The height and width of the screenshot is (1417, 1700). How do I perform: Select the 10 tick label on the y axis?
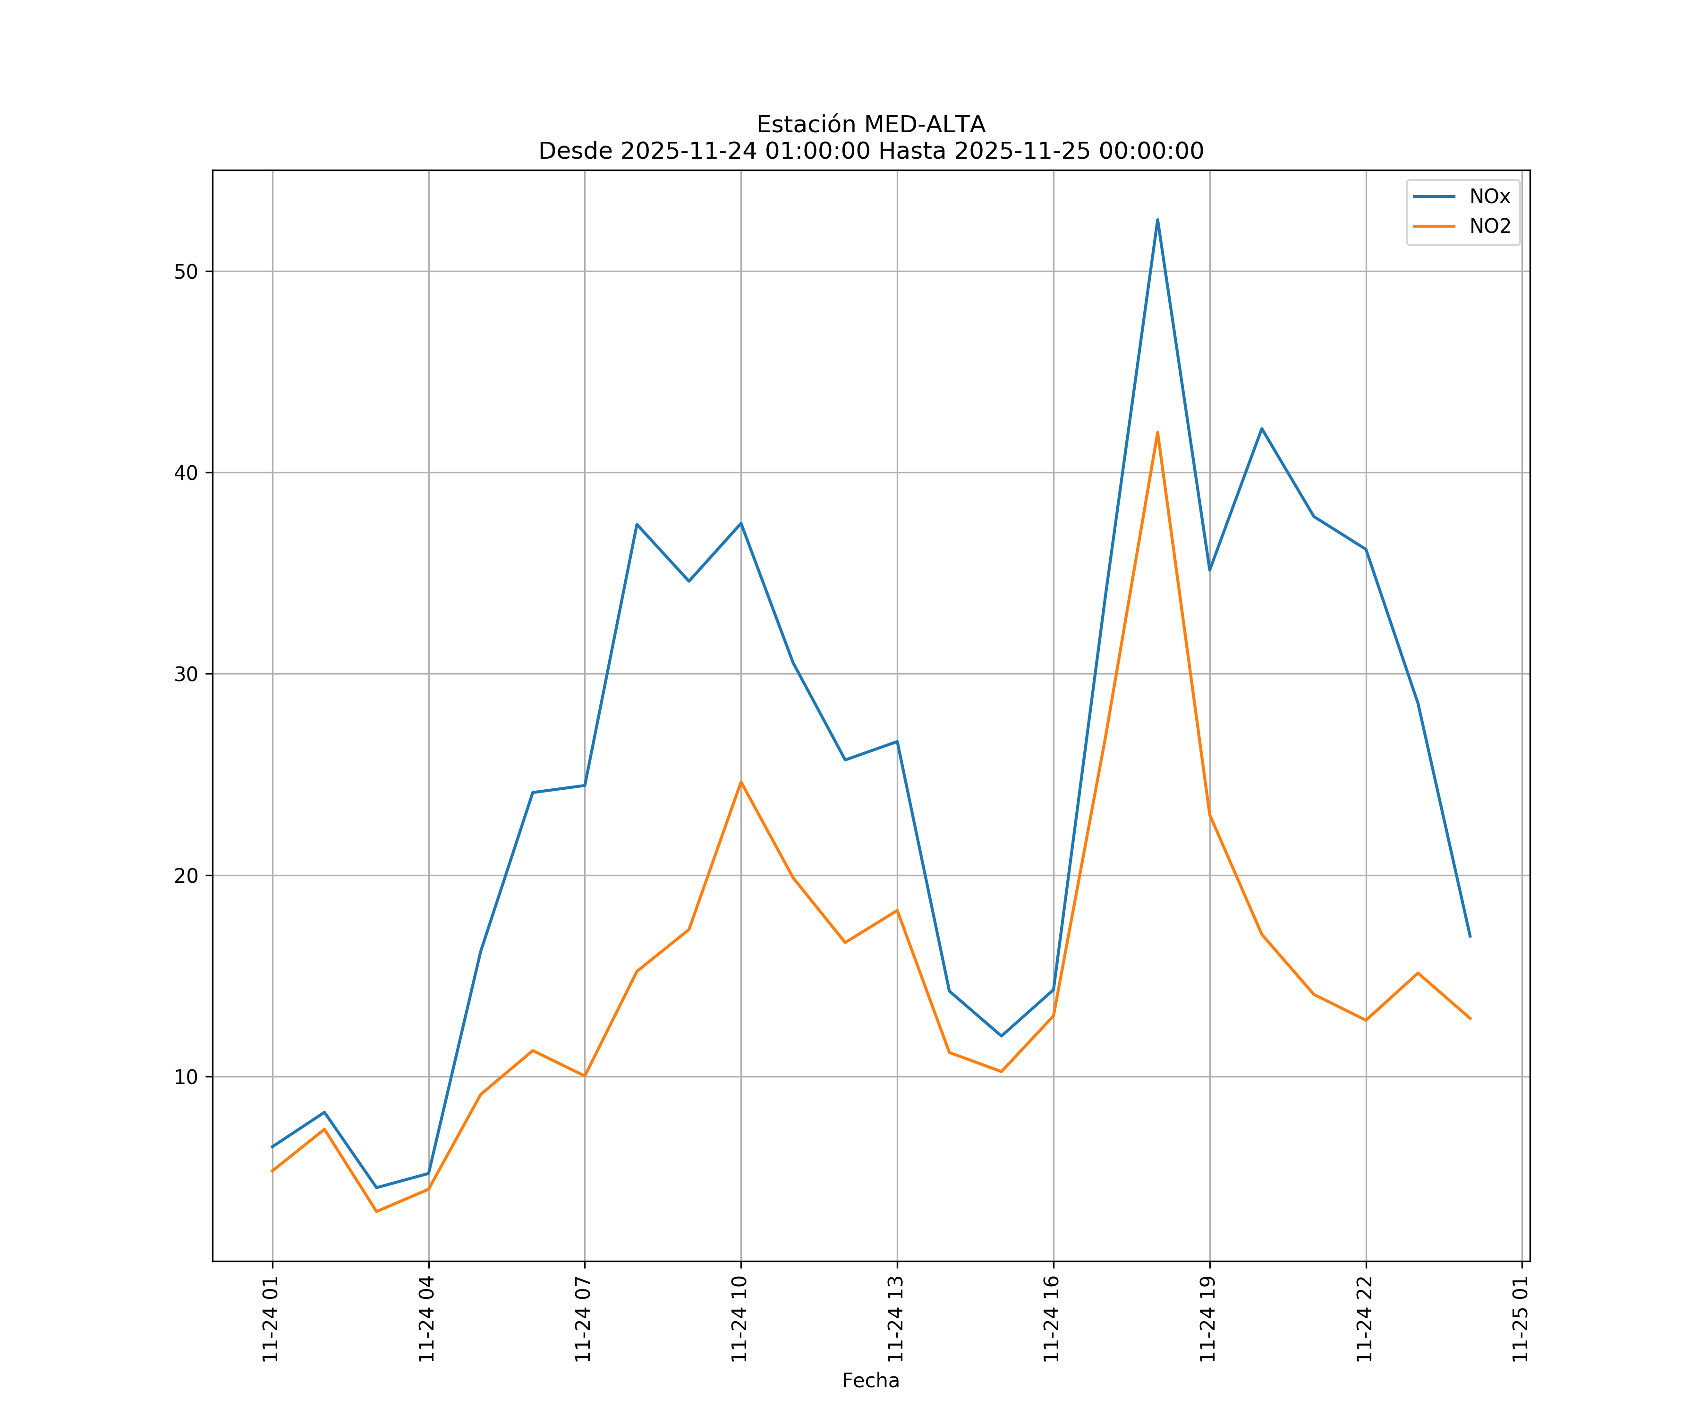[x=186, y=1077]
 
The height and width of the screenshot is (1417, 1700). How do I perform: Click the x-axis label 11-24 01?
[x=271, y=1319]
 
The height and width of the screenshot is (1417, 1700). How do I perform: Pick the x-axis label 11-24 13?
[x=895, y=1319]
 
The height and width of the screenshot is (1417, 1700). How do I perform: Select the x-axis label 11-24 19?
[x=1208, y=1319]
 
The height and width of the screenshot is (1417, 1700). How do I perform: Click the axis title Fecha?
[x=870, y=1381]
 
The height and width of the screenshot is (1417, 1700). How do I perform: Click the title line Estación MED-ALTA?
[x=870, y=125]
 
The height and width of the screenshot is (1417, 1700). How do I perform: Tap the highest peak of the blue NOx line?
[x=1157, y=220]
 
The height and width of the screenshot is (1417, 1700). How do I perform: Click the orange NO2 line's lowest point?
[x=376, y=1212]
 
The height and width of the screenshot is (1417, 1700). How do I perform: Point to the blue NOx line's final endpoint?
[x=1470, y=937]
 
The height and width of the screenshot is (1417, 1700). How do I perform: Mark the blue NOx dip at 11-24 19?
[x=1209, y=570]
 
